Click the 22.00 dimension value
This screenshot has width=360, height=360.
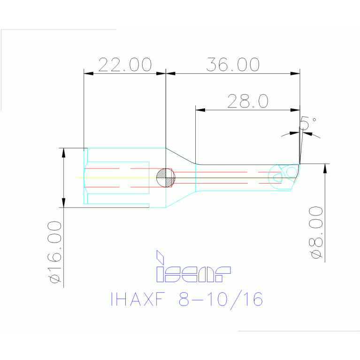coord(124,65)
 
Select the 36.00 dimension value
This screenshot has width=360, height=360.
coord(233,65)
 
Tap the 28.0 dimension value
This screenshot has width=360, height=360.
coord(247,101)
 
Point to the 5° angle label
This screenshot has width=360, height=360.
coord(307,123)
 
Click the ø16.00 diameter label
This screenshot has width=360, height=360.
coord(54,252)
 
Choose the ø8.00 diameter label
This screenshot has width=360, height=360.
coord(316,232)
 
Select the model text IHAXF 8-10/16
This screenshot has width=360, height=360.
coord(186,299)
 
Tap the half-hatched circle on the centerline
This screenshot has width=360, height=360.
coord(165,178)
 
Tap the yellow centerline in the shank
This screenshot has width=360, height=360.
coord(117,178)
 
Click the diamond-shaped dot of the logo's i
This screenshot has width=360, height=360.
coord(160,256)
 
